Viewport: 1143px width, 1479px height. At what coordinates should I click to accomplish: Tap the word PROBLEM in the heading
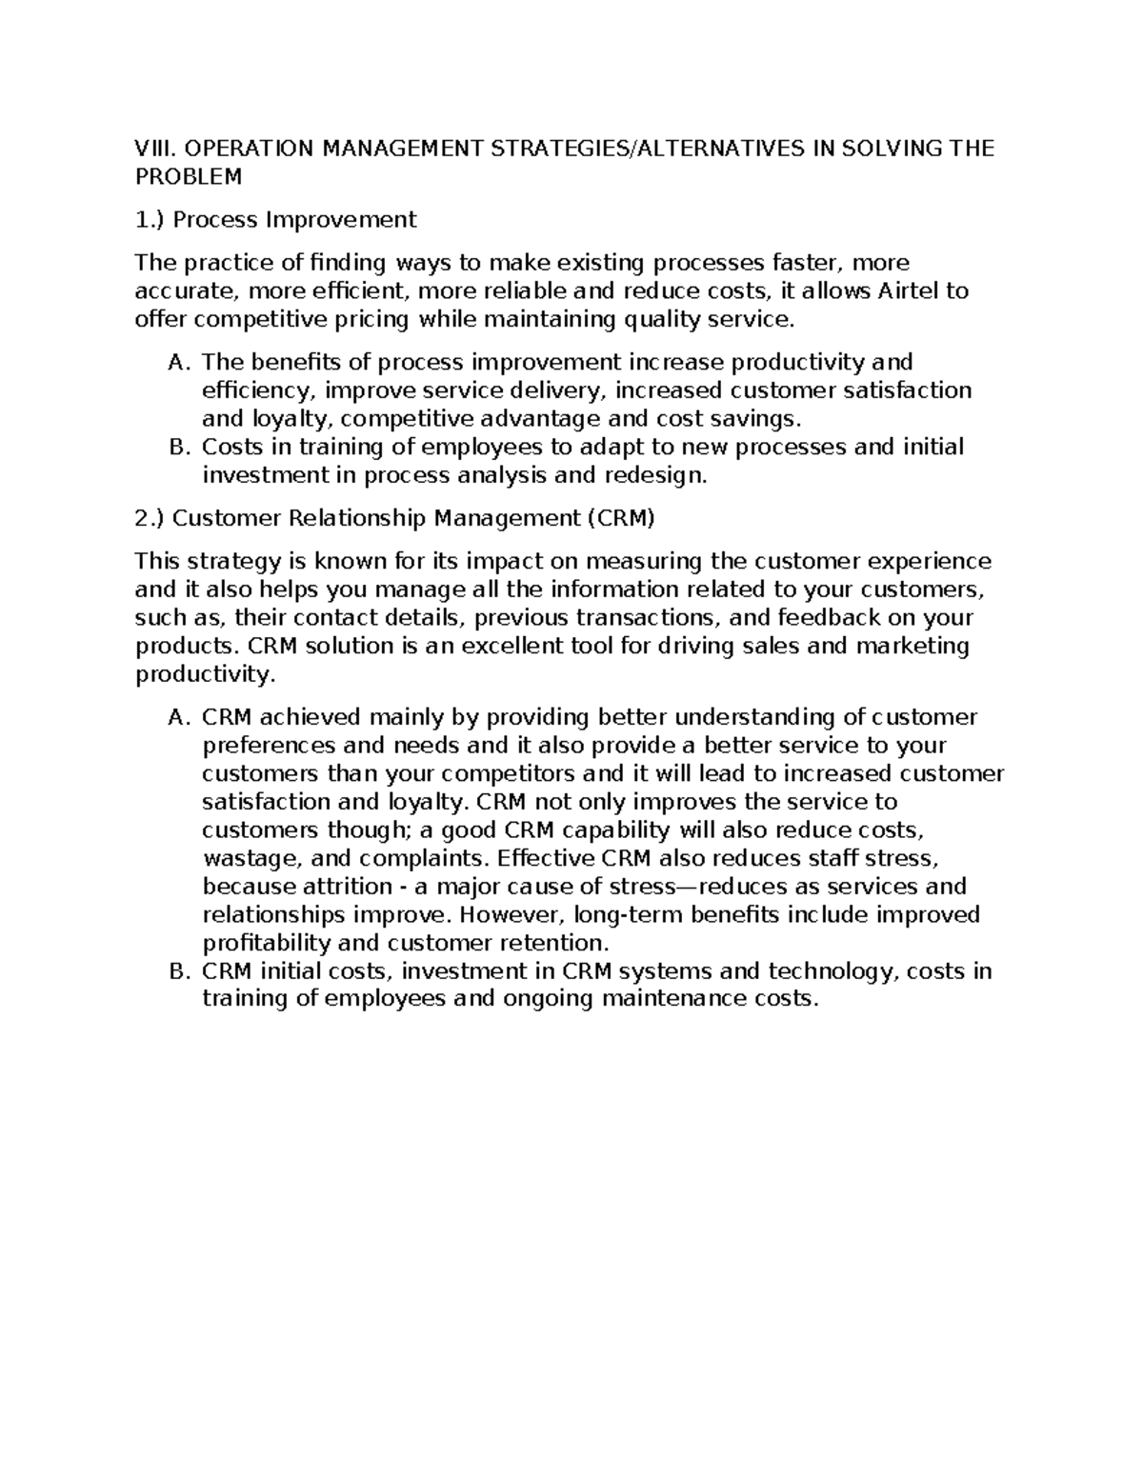[x=189, y=177]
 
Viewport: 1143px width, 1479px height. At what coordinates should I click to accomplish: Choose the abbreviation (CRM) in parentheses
[x=620, y=518]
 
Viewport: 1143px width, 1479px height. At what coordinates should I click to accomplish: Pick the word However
[x=512, y=915]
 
